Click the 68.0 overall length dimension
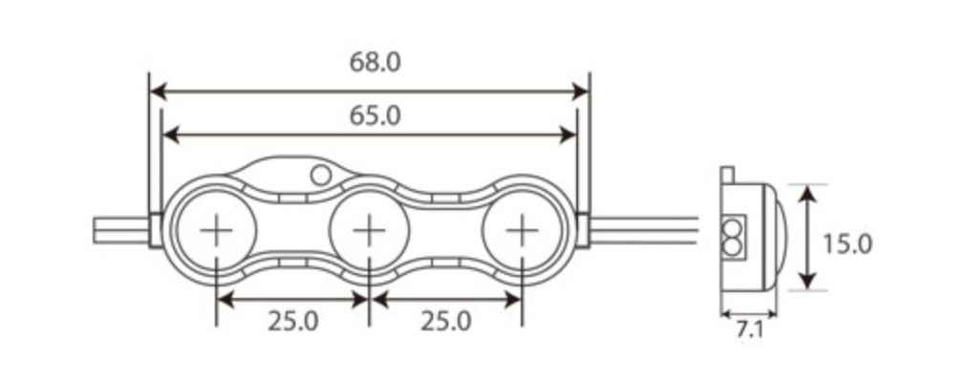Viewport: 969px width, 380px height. click(375, 62)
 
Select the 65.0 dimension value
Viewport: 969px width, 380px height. click(375, 116)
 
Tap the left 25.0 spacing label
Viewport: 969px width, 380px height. click(293, 322)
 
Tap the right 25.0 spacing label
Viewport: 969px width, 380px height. click(445, 322)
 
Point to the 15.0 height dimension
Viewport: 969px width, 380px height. click(848, 244)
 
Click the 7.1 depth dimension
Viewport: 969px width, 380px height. click(749, 330)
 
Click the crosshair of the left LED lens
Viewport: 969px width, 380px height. click(216, 230)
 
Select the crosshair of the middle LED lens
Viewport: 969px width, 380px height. click(369, 230)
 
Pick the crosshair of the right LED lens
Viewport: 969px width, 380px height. click(522, 230)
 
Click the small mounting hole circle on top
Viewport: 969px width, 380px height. click(321, 176)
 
